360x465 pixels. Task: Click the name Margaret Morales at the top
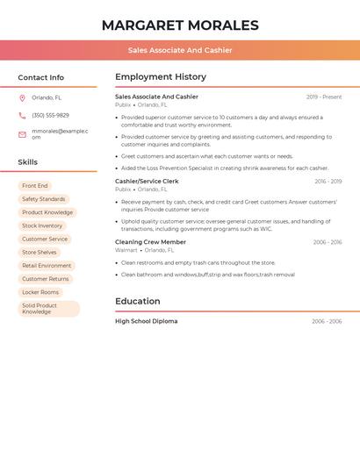coord(180,25)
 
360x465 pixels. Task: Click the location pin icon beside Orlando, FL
coord(22,98)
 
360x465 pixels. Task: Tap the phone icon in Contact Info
coord(22,116)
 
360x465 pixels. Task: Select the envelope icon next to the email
coord(22,134)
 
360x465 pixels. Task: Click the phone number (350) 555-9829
coord(50,116)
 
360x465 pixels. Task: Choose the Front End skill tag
coord(35,186)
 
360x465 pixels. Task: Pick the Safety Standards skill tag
coord(43,199)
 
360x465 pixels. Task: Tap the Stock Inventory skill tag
coord(42,225)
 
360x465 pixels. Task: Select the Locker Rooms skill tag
coord(40,292)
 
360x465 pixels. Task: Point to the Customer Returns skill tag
coord(46,279)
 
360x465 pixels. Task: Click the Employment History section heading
coord(161,77)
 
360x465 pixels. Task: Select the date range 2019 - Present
coord(324,97)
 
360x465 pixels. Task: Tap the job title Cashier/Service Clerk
coord(147,182)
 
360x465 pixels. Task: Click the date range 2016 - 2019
coord(328,182)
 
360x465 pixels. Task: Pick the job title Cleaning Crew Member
coord(150,242)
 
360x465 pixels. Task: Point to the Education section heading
coord(138,302)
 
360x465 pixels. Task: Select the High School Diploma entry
coord(146,322)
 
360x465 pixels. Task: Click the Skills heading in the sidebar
coord(28,162)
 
